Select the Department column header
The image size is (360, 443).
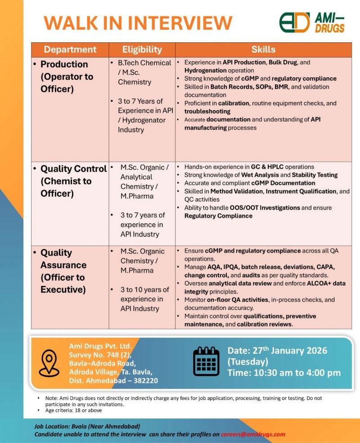point(70,50)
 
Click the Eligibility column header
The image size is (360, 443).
point(142,50)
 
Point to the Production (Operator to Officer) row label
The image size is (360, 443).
point(67,77)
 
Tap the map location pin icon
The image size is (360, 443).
point(49,362)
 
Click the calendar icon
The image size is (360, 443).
point(206,361)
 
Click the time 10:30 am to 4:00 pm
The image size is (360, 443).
point(284,372)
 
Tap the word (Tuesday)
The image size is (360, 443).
point(248,362)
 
